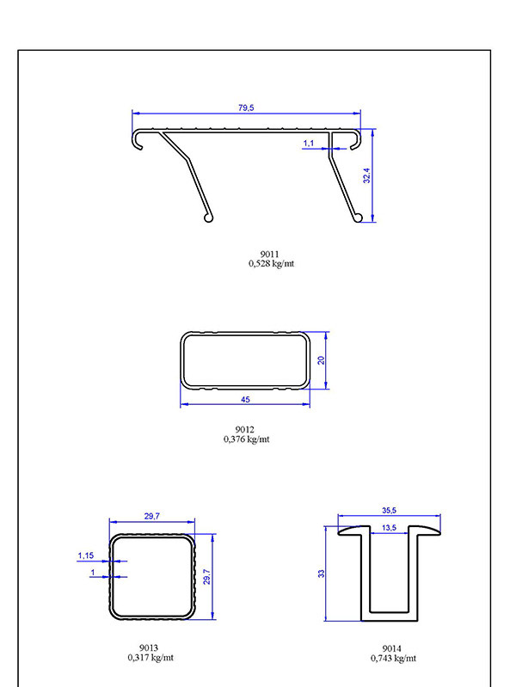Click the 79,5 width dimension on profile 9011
point(245,107)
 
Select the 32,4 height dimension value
point(366,176)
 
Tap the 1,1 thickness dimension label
point(309,143)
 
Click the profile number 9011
point(270,254)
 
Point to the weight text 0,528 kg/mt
point(270,263)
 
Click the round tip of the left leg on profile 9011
point(207,218)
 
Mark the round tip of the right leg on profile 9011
point(356,218)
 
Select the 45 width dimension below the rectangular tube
point(245,400)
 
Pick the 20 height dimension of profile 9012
point(321,360)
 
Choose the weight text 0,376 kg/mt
point(246,439)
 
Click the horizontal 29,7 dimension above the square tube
point(152,517)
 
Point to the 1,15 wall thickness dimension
point(86,555)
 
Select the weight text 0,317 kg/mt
point(150,658)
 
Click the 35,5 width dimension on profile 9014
point(390,511)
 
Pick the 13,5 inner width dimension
point(389,527)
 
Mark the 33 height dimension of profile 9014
point(321,574)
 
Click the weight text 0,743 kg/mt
point(393,658)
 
